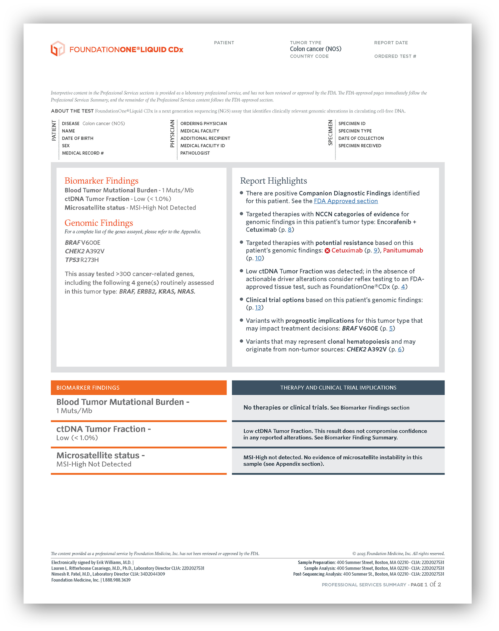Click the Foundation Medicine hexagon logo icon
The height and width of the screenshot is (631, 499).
[58, 49]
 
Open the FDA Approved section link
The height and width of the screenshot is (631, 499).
[346, 201]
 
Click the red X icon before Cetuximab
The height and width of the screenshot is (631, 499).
[327, 251]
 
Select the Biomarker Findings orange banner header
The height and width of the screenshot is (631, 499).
[139, 388]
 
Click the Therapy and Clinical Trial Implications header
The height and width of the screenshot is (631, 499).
[338, 388]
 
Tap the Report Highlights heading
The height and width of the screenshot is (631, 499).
[273, 181]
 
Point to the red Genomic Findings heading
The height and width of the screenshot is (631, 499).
[99, 223]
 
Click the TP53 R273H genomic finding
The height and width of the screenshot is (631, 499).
[82, 260]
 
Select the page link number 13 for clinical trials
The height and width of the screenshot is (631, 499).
[258, 308]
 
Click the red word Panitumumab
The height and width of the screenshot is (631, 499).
[403, 250]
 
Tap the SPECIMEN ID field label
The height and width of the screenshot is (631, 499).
[352, 123]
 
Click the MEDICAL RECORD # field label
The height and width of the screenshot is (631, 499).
[83, 153]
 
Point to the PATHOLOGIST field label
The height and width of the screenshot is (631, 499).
[195, 153]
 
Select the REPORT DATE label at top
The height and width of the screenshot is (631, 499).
[391, 43]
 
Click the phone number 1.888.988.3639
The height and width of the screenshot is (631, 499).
[116, 580]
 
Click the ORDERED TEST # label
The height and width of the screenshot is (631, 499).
[395, 56]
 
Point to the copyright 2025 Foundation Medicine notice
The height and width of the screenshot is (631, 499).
[398, 554]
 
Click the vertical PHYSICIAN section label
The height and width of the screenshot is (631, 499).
[172, 134]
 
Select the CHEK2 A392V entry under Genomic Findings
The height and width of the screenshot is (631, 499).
[84, 251]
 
